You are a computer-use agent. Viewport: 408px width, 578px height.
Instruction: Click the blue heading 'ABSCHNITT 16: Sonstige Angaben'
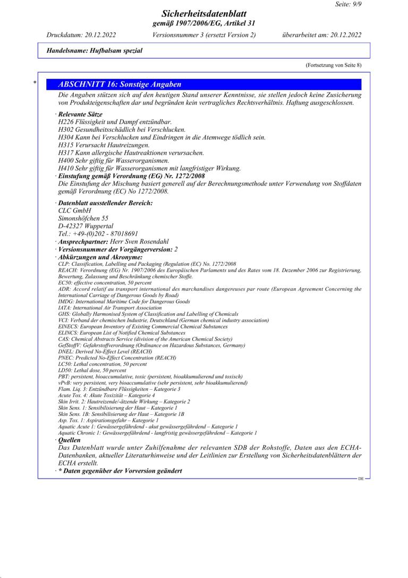tap(120, 84)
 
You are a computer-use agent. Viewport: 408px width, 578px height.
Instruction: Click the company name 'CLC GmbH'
tap(74, 210)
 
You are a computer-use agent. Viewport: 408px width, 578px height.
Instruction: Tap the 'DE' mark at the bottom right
tap(361, 479)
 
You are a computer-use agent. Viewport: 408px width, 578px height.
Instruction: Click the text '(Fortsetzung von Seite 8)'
tap(333, 65)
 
